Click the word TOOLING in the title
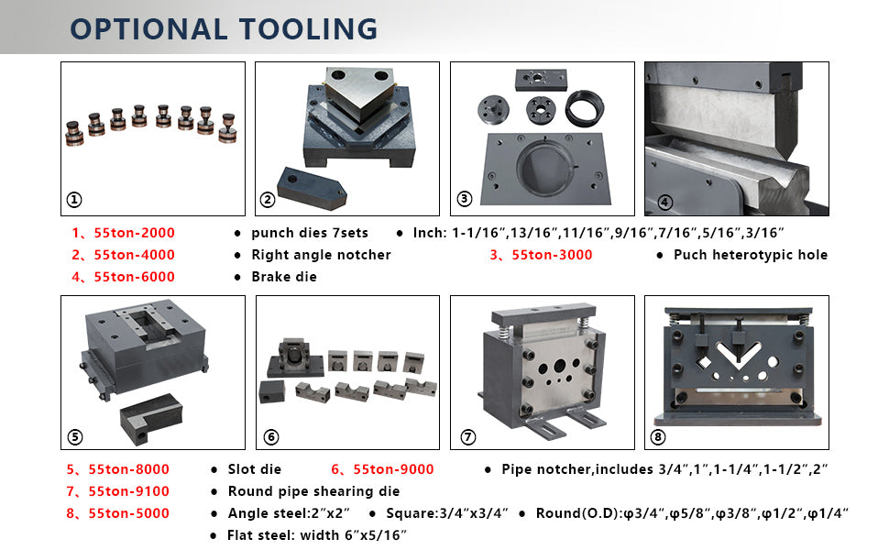click(308, 29)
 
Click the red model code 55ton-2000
click(135, 233)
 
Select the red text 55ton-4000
click(135, 255)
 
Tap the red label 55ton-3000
click(553, 255)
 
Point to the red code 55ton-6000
click(135, 277)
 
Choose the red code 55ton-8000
click(128, 469)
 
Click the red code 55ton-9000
click(393, 469)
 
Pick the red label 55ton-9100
click(128, 491)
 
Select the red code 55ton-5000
click(128, 513)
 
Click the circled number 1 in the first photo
click(74, 200)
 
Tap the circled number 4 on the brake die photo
click(665, 202)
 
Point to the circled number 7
click(467, 437)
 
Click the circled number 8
click(658, 437)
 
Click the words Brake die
click(284, 277)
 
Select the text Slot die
click(255, 469)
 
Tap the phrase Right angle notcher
click(322, 255)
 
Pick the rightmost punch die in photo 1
click(227, 128)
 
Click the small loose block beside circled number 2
click(312, 188)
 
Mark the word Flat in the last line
click(241, 535)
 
